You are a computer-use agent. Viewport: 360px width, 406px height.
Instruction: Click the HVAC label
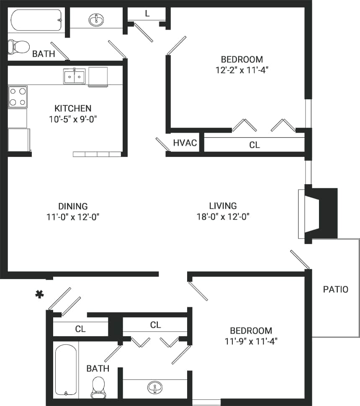tap(185, 143)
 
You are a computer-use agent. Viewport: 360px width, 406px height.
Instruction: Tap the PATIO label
tap(335, 289)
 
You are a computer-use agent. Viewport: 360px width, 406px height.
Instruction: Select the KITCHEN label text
tap(73, 108)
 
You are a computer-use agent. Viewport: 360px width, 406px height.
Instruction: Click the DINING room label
tap(73, 206)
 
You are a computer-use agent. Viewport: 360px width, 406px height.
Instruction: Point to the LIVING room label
tap(223, 206)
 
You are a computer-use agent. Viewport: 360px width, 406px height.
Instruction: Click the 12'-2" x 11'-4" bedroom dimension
tap(242, 70)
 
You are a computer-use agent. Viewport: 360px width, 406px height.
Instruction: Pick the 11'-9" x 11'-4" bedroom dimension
tap(250, 341)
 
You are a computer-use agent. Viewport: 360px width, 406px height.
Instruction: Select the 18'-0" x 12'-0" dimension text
tap(223, 217)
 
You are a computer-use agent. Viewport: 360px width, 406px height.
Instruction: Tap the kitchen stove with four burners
tap(18, 96)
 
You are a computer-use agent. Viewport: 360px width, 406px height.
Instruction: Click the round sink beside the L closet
tap(97, 19)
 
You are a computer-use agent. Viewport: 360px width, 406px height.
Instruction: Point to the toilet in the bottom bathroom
tap(98, 387)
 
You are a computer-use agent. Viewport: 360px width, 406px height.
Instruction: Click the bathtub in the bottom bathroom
tap(66, 370)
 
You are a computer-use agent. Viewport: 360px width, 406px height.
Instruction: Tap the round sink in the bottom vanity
tap(155, 388)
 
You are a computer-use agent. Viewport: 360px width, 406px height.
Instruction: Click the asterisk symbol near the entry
tap(39, 295)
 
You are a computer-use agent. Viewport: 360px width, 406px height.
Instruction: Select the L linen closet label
tap(147, 14)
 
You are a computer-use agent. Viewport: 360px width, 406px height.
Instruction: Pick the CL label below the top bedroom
tap(255, 145)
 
